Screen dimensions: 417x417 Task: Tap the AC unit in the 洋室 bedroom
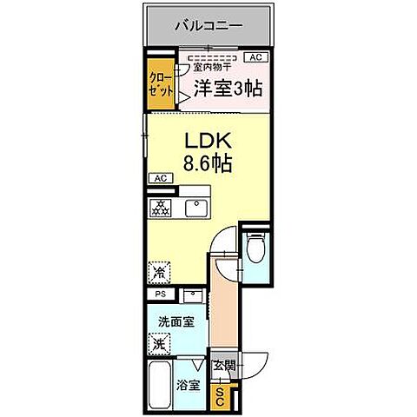[x=255, y=57]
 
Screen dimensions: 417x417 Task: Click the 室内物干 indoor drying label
[x=212, y=67]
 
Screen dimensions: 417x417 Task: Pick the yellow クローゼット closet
[x=160, y=88]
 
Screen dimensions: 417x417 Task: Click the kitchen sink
[x=195, y=208]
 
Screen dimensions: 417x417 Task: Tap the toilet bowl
[x=256, y=250]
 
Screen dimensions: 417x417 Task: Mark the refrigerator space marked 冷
[x=160, y=271]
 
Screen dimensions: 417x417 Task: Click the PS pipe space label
[x=159, y=295]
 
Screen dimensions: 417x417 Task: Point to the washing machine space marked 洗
[x=160, y=344]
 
